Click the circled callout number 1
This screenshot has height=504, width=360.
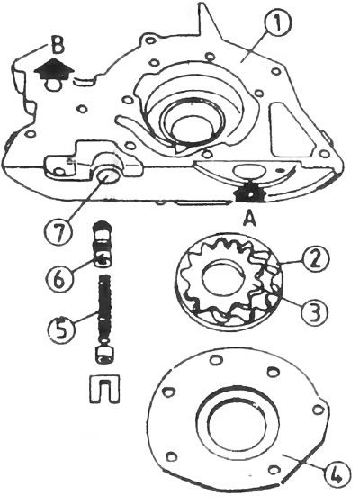[278, 23]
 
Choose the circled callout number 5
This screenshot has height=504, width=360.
[62, 328]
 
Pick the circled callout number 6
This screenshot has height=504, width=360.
[62, 279]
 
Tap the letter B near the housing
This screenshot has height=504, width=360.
[58, 47]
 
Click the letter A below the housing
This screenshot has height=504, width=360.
[250, 220]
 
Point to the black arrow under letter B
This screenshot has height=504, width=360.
[55, 69]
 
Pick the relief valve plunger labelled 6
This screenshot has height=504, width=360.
[103, 244]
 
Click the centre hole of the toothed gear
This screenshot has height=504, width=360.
[222, 279]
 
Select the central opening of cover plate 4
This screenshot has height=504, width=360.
[237, 423]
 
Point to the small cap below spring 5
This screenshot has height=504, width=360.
[104, 355]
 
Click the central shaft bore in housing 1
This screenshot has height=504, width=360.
[193, 126]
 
